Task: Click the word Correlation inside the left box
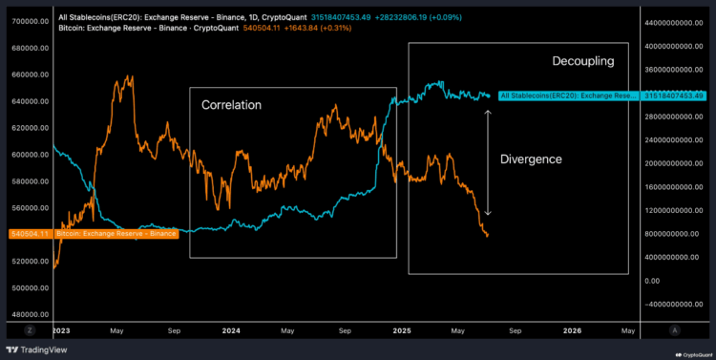coord(231,104)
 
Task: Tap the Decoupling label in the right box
coord(582,61)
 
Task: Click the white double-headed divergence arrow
coord(489,162)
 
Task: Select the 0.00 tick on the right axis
coord(653,281)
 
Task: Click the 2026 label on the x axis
coord(572,330)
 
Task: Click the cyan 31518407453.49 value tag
coord(674,95)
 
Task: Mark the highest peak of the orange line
coord(129,76)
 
